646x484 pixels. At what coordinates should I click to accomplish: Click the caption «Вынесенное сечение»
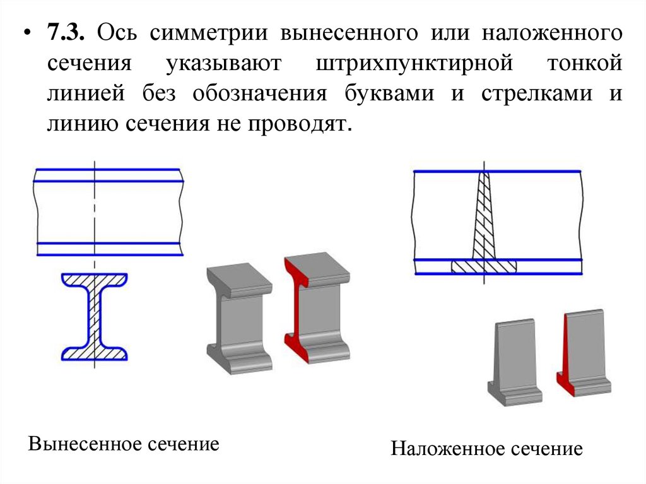[x=124, y=443]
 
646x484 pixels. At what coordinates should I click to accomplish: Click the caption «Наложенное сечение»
[x=486, y=449]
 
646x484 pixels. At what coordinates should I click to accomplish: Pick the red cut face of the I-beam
[x=293, y=309]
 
